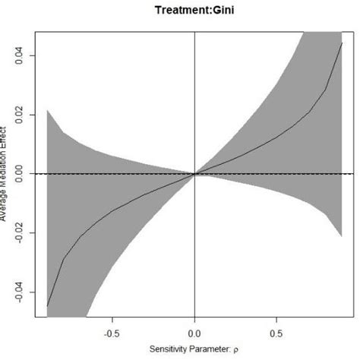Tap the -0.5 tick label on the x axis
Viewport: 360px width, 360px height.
[x=113, y=332]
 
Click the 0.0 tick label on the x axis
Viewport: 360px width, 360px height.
[x=195, y=332]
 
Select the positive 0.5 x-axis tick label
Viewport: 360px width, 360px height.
[x=277, y=332]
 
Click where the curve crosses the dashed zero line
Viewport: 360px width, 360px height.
[x=195, y=174]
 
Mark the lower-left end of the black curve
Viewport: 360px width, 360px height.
[x=48, y=306]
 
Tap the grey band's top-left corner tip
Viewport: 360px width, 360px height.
[x=48, y=110]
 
